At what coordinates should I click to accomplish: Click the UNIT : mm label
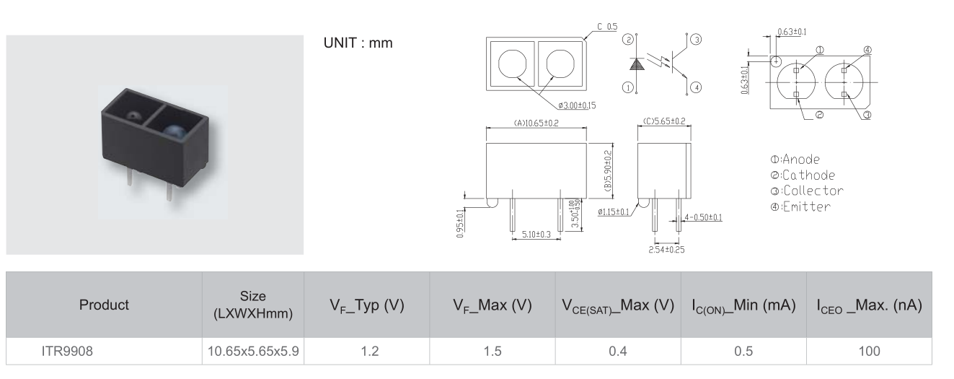(358, 43)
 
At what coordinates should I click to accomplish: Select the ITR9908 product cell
(67, 352)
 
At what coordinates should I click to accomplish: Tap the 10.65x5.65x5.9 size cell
(253, 352)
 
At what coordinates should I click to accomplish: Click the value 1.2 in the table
(369, 352)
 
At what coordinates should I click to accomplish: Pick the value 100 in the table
(869, 352)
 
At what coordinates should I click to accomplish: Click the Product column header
(104, 305)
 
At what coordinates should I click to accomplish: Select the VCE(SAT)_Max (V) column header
(618, 305)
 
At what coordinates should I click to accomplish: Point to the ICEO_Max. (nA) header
(869, 305)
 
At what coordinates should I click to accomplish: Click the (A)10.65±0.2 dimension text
(536, 123)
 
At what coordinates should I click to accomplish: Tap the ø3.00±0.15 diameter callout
(577, 105)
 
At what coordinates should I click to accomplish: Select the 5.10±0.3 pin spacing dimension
(536, 235)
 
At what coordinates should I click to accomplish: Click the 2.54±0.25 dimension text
(666, 250)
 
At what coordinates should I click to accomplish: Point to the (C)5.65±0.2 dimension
(664, 121)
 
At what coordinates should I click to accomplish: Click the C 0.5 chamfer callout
(607, 27)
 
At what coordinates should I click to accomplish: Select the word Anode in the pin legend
(800, 160)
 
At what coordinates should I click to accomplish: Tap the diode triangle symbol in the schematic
(636, 64)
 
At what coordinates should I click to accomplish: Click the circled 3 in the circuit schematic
(696, 40)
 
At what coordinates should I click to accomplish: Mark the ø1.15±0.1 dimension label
(613, 212)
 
